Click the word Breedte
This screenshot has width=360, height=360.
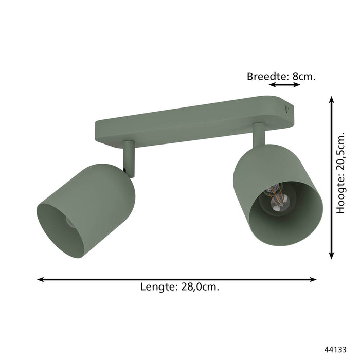click(x=267, y=77)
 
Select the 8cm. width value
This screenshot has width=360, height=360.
click(x=303, y=77)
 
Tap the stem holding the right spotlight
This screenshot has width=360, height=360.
click(x=258, y=135)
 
